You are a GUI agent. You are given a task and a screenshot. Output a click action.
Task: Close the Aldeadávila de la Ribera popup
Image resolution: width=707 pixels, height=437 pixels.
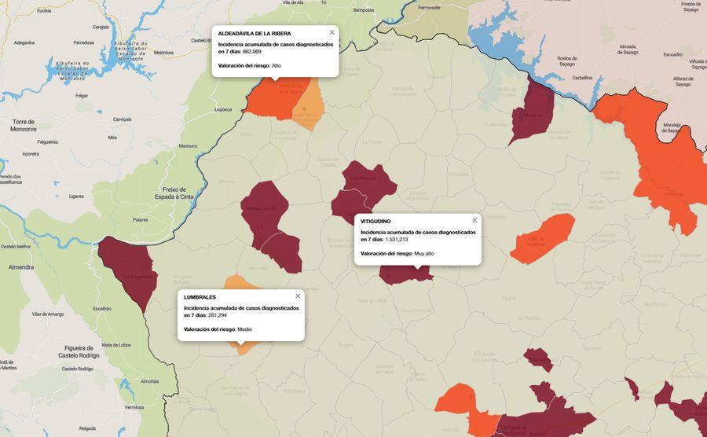coord(332,32)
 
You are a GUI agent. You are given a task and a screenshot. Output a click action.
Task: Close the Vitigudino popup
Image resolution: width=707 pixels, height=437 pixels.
coord(474,220)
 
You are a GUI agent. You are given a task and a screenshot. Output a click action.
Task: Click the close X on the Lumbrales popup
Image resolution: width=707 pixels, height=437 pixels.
coord(298,296)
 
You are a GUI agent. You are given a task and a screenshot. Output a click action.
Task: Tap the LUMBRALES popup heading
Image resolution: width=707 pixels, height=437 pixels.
coord(200,298)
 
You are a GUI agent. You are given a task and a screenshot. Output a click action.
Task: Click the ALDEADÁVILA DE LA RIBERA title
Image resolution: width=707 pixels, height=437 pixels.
coord(254,34)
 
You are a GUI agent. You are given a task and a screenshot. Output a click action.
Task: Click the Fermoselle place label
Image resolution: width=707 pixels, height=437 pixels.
coord(430,7)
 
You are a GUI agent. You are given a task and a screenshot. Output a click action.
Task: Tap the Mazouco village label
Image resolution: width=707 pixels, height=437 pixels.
coord(188,145)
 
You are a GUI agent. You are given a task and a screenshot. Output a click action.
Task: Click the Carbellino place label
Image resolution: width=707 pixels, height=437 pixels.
coord(582,78)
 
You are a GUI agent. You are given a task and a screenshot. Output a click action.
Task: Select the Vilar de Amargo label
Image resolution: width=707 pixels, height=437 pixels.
coord(48,314)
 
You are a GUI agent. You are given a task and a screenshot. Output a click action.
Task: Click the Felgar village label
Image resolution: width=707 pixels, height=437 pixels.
coord(82,96)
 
